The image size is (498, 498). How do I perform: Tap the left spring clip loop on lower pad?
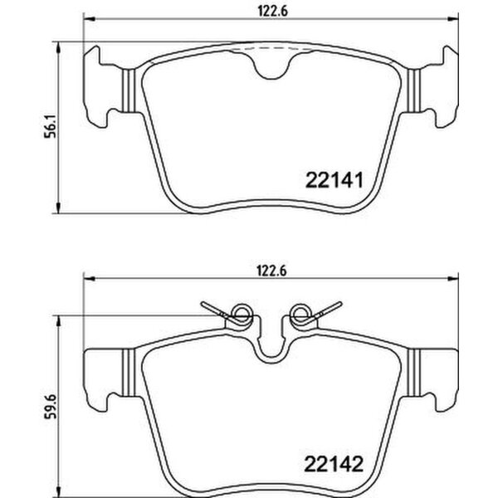(241, 313)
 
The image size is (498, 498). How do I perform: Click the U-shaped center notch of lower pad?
(270, 349)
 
